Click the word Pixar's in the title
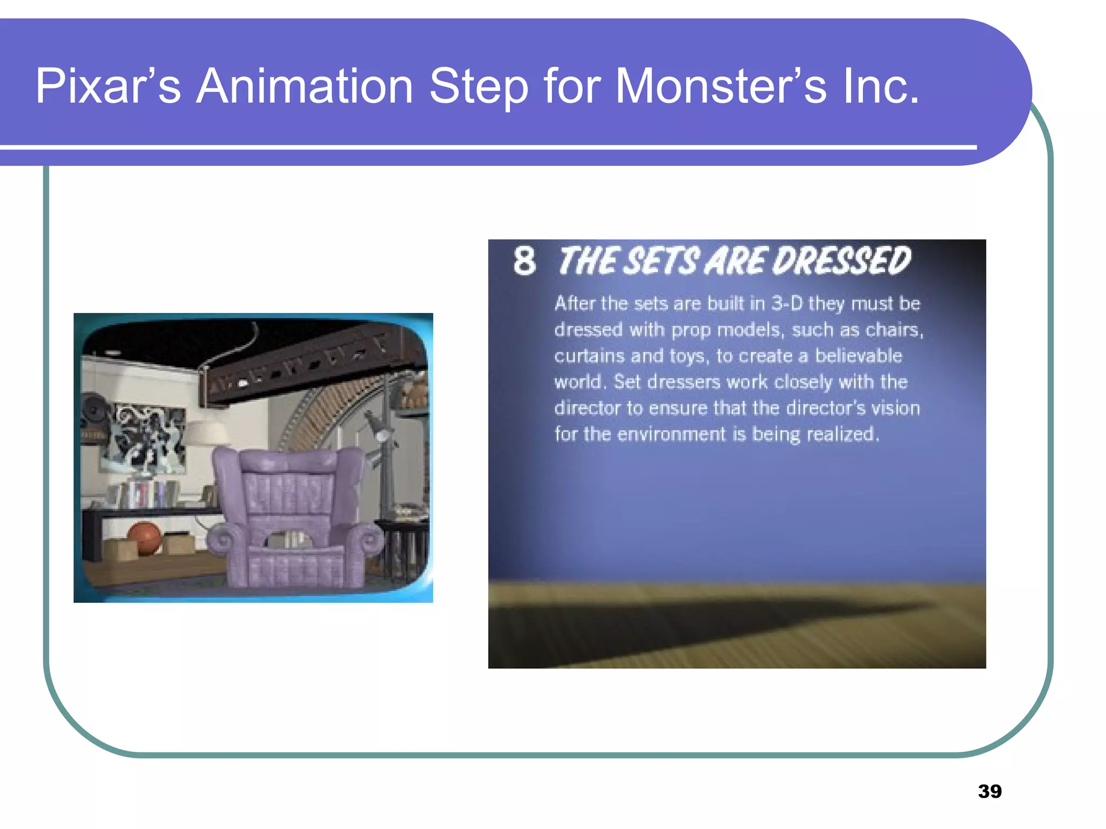107,86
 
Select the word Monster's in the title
720,86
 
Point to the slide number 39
989,791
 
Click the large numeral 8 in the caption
524,261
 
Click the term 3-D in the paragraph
787,303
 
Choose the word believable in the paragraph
858,356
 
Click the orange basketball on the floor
144,538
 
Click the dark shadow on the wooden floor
702,626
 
